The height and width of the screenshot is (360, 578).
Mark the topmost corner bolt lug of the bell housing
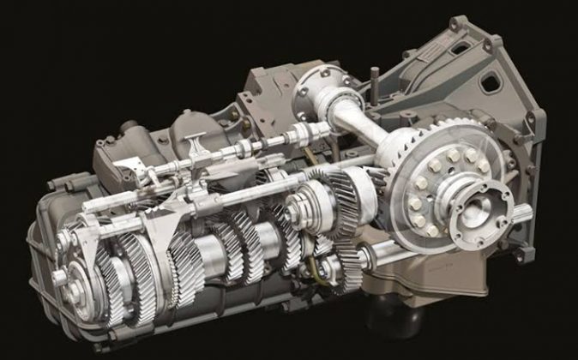(457, 22)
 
